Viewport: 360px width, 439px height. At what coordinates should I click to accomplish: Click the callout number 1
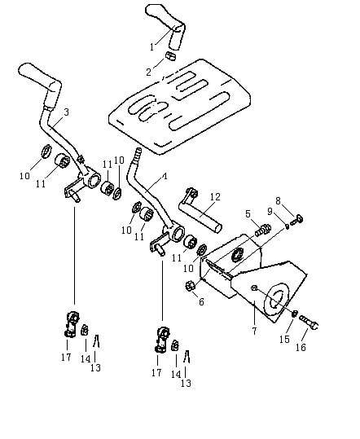[x=151, y=47]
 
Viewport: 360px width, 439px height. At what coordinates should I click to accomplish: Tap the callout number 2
[x=149, y=72]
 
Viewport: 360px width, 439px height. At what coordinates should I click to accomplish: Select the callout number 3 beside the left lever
[x=66, y=112]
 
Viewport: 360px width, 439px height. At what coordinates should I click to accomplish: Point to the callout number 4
[x=165, y=177]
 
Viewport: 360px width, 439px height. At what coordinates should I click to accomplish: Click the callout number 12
[x=216, y=197]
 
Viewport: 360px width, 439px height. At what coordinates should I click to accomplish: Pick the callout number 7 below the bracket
[x=254, y=331]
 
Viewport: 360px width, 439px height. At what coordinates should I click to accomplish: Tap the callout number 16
[x=301, y=348]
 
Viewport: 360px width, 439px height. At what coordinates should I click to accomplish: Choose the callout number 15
[x=284, y=339]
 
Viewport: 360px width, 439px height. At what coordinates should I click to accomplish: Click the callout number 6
[x=201, y=302]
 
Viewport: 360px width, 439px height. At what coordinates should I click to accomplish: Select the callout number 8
[x=278, y=200]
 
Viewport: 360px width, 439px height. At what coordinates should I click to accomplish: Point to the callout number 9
[x=270, y=212]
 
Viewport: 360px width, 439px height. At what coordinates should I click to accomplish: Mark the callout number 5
[x=248, y=214]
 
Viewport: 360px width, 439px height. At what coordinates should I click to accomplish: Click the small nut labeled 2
[x=170, y=55]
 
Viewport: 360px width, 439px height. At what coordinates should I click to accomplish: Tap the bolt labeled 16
[x=309, y=323]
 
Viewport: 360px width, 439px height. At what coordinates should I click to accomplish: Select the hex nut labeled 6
[x=190, y=287]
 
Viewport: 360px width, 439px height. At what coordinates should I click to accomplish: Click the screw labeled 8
[x=296, y=220]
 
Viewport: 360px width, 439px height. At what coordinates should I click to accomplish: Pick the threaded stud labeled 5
[x=262, y=230]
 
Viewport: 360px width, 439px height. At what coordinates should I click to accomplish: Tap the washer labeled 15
[x=295, y=314]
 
